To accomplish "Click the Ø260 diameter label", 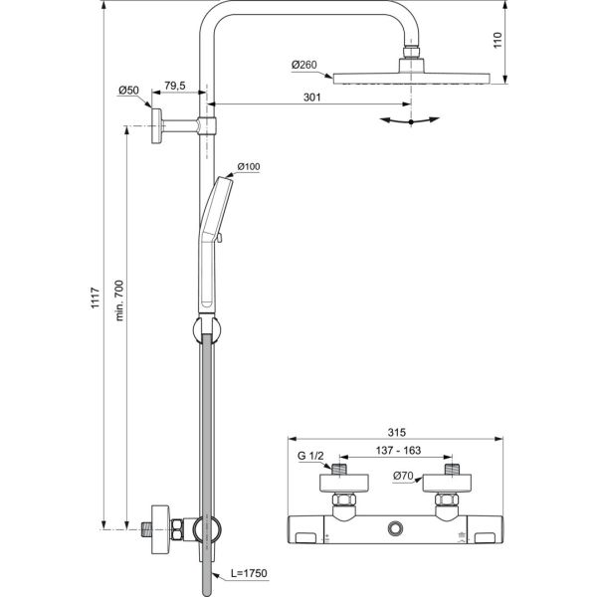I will coord(304,66).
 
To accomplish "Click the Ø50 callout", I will coord(128,91).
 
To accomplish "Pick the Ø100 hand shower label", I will coord(248,167).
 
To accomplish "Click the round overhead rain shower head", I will coord(410,78).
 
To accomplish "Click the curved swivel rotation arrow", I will coord(411,119).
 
